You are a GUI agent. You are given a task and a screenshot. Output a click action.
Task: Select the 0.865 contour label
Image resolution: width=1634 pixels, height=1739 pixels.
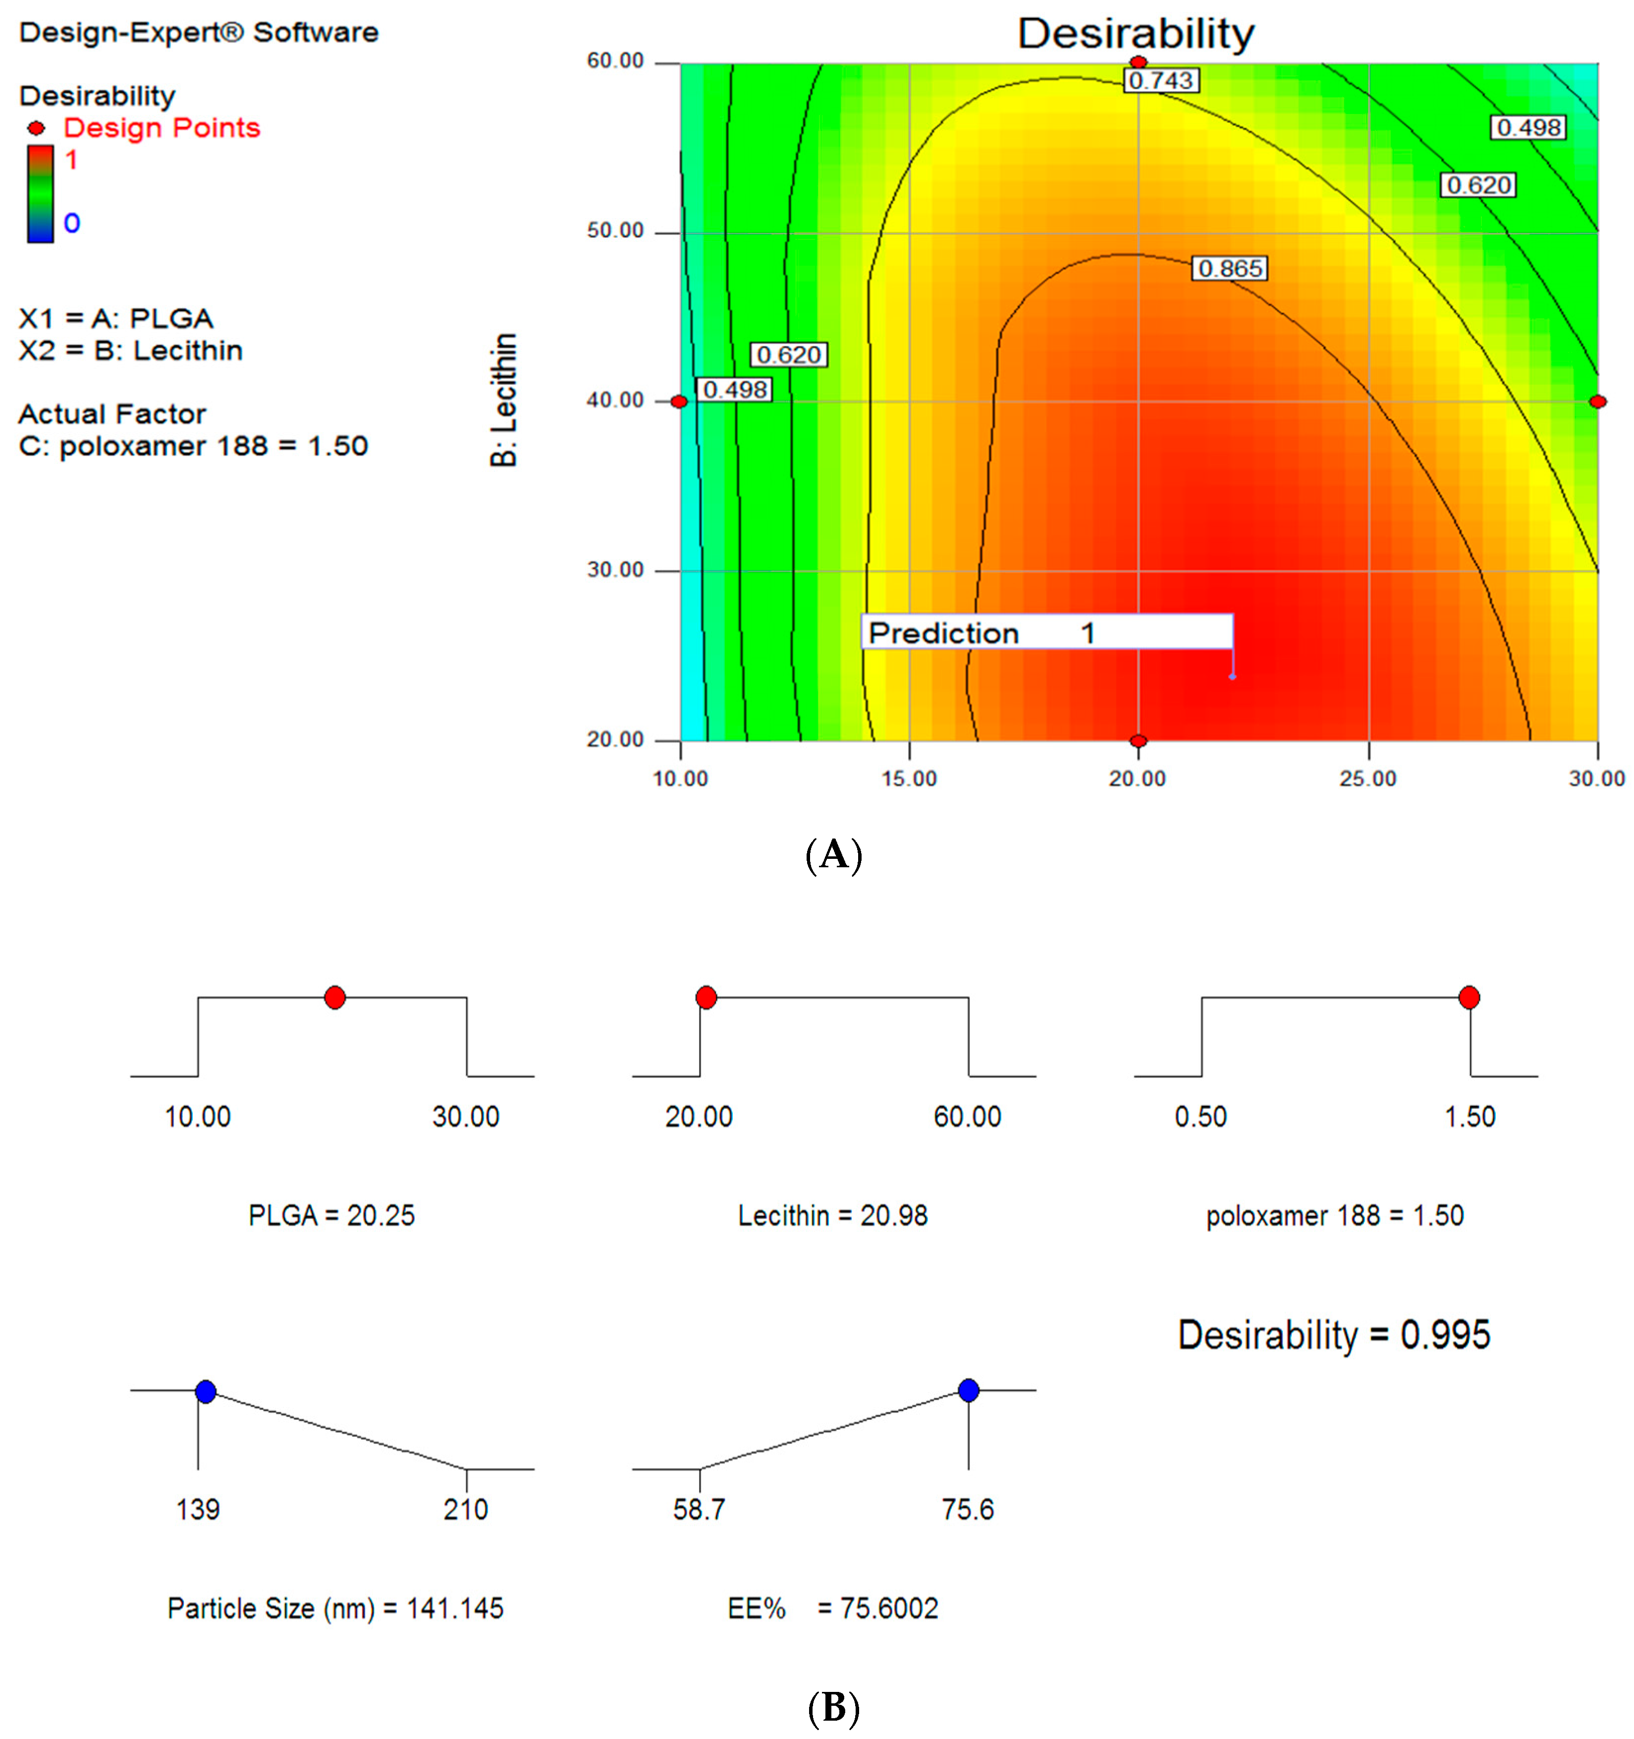(x=1229, y=269)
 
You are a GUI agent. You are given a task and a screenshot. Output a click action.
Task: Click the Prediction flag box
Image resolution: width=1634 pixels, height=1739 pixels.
(x=1046, y=631)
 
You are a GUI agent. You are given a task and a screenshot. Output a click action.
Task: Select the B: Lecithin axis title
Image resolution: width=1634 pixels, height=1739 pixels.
(x=504, y=400)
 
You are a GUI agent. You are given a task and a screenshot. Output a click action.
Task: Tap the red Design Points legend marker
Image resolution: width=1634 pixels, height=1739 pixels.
(x=36, y=128)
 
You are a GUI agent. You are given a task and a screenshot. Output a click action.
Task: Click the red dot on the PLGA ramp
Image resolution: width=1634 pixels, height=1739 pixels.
(x=334, y=997)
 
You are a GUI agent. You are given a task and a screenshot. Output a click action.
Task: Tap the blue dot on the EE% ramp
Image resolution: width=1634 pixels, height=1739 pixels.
(x=968, y=1390)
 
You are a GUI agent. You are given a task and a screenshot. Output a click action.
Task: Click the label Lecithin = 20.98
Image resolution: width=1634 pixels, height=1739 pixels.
(x=832, y=1215)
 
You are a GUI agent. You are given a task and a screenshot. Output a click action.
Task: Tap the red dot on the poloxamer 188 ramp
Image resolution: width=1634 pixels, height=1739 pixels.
(x=1469, y=997)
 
